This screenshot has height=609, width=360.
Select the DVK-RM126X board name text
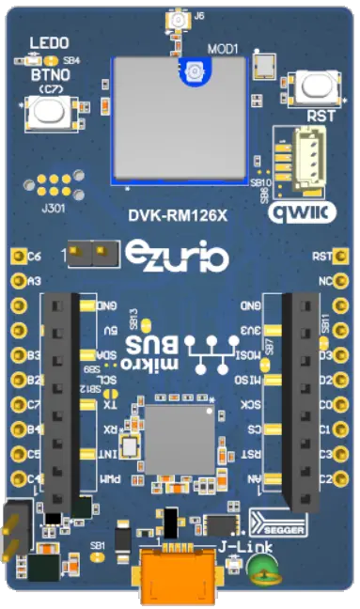click(179, 216)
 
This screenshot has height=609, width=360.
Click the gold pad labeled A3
click(17, 280)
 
